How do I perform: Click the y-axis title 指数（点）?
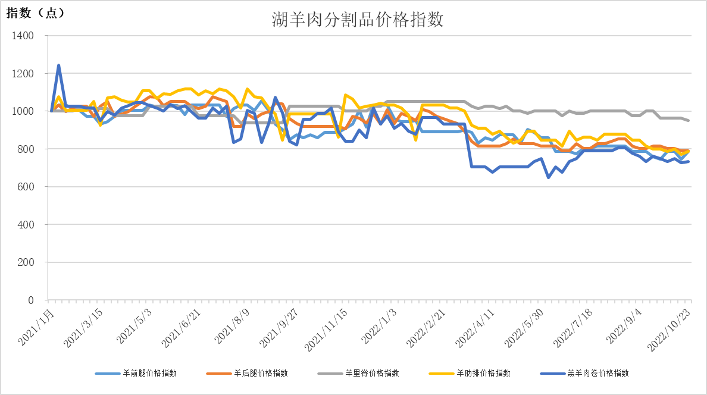(35, 13)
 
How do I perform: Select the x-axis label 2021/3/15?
(85, 327)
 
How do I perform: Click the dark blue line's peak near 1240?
(58, 65)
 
